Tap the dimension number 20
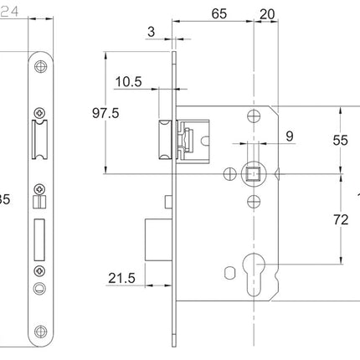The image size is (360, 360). click(x=266, y=14)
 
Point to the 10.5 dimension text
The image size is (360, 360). click(x=128, y=82)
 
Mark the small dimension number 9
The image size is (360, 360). click(x=290, y=135)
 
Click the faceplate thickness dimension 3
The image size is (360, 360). click(x=150, y=32)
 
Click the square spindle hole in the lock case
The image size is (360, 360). click(x=251, y=174)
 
